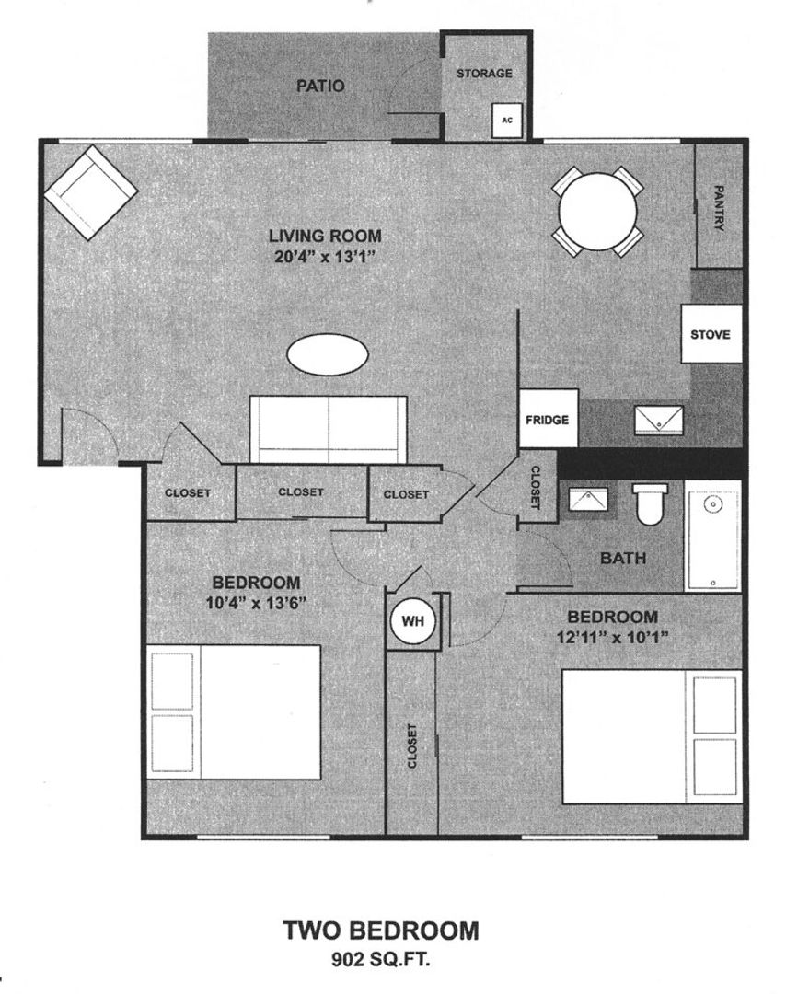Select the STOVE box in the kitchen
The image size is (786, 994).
pyautogui.click(x=711, y=334)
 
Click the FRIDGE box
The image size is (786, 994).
pyautogui.click(x=548, y=419)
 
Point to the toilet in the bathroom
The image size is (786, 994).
pyautogui.click(x=650, y=505)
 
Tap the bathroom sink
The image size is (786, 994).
pyautogui.click(x=585, y=500)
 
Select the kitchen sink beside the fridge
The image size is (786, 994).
pyautogui.click(x=659, y=419)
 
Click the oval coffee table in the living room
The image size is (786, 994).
pyautogui.click(x=328, y=354)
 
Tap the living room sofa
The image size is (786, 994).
pyautogui.click(x=329, y=429)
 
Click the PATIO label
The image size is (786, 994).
pyautogui.click(x=320, y=87)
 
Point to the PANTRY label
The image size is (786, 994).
pyautogui.click(x=720, y=207)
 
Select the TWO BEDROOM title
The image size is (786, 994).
pyautogui.click(x=380, y=930)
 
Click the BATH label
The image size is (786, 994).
pyautogui.click(x=623, y=558)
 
